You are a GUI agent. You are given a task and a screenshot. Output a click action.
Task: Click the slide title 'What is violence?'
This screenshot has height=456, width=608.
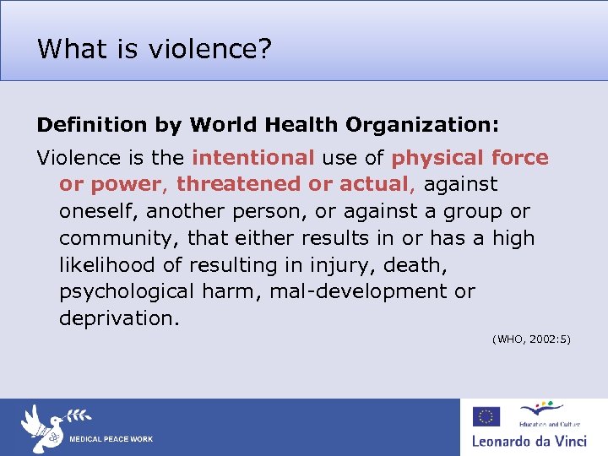(155, 49)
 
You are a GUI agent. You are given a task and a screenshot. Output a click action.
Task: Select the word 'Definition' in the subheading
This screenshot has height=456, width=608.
(92, 125)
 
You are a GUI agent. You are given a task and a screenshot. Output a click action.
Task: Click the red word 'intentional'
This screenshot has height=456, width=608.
(253, 157)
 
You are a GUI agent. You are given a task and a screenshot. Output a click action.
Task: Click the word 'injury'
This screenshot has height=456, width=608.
(343, 265)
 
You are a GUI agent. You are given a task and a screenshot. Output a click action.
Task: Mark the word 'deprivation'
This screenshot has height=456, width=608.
(117, 319)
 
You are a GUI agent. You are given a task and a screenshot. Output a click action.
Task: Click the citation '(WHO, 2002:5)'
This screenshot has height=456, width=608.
(531, 339)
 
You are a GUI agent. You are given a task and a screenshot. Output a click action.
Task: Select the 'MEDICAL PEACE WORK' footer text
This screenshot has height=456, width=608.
(111, 440)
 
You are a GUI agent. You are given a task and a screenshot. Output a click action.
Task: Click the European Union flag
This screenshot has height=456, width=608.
(486, 416)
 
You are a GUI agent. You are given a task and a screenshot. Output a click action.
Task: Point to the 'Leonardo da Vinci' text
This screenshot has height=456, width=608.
(528, 440)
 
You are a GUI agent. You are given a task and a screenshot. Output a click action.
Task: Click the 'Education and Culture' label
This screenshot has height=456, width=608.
(541, 423)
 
